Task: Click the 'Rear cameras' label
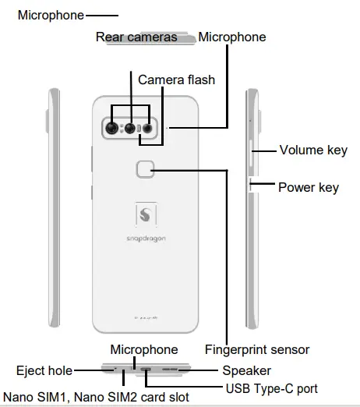[x=136, y=37]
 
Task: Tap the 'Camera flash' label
[x=176, y=80]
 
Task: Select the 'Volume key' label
[x=313, y=150]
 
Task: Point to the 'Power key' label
[x=309, y=187]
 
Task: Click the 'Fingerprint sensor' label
[x=257, y=349]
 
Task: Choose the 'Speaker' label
[x=246, y=370]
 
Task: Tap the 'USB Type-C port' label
[x=270, y=388]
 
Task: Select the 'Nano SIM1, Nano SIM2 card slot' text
[x=96, y=397]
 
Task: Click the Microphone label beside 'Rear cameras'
[x=231, y=37]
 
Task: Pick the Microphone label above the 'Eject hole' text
[x=143, y=349]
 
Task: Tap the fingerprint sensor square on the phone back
[x=143, y=170]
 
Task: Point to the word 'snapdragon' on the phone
[x=142, y=237]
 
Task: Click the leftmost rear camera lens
[x=113, y=128]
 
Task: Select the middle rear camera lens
[x=129, y=128]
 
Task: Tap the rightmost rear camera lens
[x=145, y=128]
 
